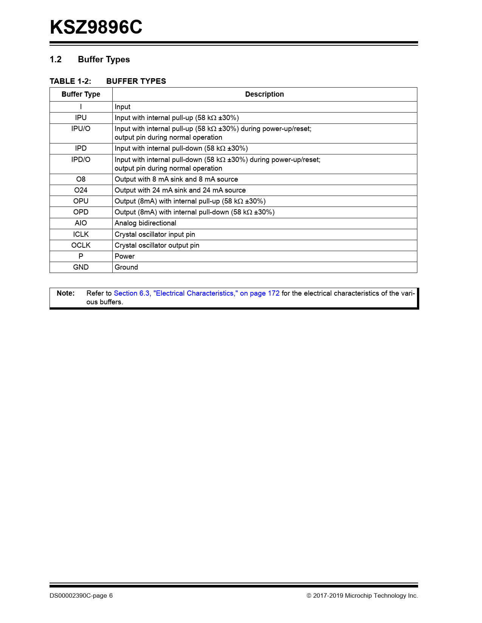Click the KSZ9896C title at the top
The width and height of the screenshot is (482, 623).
pos(96,27)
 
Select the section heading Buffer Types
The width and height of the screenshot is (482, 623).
pos(104,59)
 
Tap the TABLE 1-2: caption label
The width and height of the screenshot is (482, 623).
pos(70,81)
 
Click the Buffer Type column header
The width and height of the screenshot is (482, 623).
pos(81,94)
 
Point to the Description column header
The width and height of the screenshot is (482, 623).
pos(264,94)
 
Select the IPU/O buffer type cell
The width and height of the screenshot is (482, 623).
pos(81,129)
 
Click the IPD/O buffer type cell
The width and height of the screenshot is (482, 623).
pos(81,160)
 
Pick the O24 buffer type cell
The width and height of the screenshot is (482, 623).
pos(81,190)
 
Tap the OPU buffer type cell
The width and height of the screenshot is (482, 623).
pos(81,201)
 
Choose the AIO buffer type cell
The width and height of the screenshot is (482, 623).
pos(81,223)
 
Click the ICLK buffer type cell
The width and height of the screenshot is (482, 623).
pos(81,234)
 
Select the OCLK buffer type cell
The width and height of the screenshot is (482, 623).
pos(81,245)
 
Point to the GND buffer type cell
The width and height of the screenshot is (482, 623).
pos(81,267)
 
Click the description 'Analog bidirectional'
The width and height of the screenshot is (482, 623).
pos(146,223)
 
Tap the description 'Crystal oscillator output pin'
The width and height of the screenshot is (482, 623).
pos(157,245)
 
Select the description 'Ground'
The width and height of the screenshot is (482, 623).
pos(126,267)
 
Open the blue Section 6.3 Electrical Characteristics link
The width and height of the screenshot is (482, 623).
pos(197,293)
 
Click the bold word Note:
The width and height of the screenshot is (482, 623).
pos(66,293)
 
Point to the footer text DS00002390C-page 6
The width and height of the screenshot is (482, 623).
pos(81,595)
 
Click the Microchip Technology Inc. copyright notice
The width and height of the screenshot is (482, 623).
pos(362,595)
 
